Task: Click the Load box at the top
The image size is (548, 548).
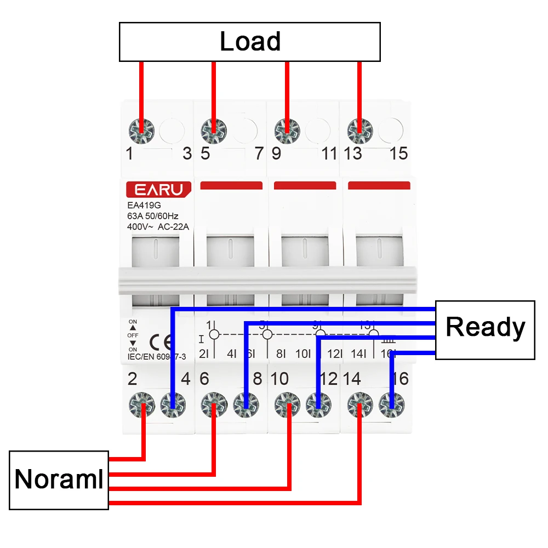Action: click(250, 42)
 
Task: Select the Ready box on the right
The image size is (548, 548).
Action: click(485, 329)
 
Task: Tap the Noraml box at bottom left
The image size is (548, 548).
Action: click(59, 480)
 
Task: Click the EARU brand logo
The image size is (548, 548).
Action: click(159, 190)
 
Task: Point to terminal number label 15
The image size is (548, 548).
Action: click(399, 153)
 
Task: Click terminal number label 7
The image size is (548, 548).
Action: click(259, 153)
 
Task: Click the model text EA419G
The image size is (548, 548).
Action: click(140, 206)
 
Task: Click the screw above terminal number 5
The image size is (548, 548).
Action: click(213, 130)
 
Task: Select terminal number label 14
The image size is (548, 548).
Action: click(353, 379)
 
